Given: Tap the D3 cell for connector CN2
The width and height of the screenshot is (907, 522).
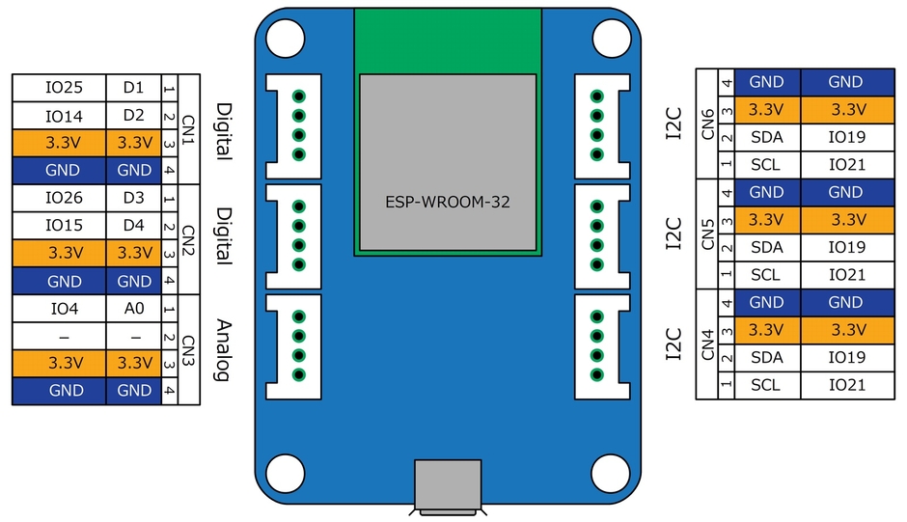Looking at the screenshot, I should click(x=133, y=199).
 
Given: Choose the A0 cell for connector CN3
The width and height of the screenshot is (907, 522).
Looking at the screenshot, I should click(x=133, y=310).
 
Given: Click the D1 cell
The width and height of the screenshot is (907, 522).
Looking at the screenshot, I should click(x=133, y=88).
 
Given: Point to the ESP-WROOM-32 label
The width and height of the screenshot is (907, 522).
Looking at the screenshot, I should click(x=447, y=204).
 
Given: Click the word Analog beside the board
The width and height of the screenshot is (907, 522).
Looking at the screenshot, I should click(x=224, y=350).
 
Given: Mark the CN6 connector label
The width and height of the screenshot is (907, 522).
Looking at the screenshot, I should click(x=708, y=124).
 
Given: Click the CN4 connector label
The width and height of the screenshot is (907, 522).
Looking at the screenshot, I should click(x=708, y=344).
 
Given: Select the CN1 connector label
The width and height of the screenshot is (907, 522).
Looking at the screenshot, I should click(x=188, y=129).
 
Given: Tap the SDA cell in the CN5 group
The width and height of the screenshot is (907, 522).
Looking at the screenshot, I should click(x=766, y=248).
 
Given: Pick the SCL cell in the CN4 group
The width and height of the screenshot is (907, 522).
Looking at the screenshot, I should click(x=766, y=385).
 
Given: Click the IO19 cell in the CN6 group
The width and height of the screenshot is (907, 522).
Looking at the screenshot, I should click(x=846, y=137).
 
